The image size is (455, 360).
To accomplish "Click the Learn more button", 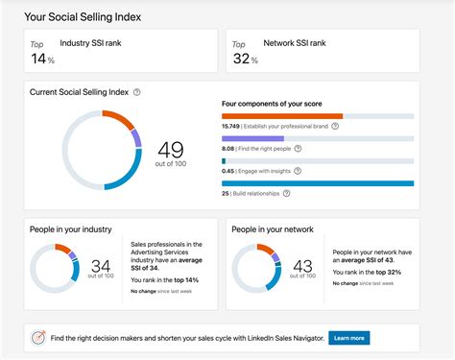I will (x=348, y=338).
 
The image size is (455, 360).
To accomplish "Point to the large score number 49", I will (x=171, y=149).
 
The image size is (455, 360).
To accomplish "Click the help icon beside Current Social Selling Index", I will (x=137, y=92).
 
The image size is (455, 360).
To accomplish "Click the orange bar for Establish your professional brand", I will (x=282, y=116).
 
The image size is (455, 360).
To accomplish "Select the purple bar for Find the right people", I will (x=252, y=138).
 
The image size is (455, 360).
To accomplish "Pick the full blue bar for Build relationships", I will (x=318, y=182).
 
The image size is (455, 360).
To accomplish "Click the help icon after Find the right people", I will (x=299, y=149).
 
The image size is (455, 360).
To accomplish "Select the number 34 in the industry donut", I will (x=101, y=265).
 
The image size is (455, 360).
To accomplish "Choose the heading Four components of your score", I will (x=273, y=102).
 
